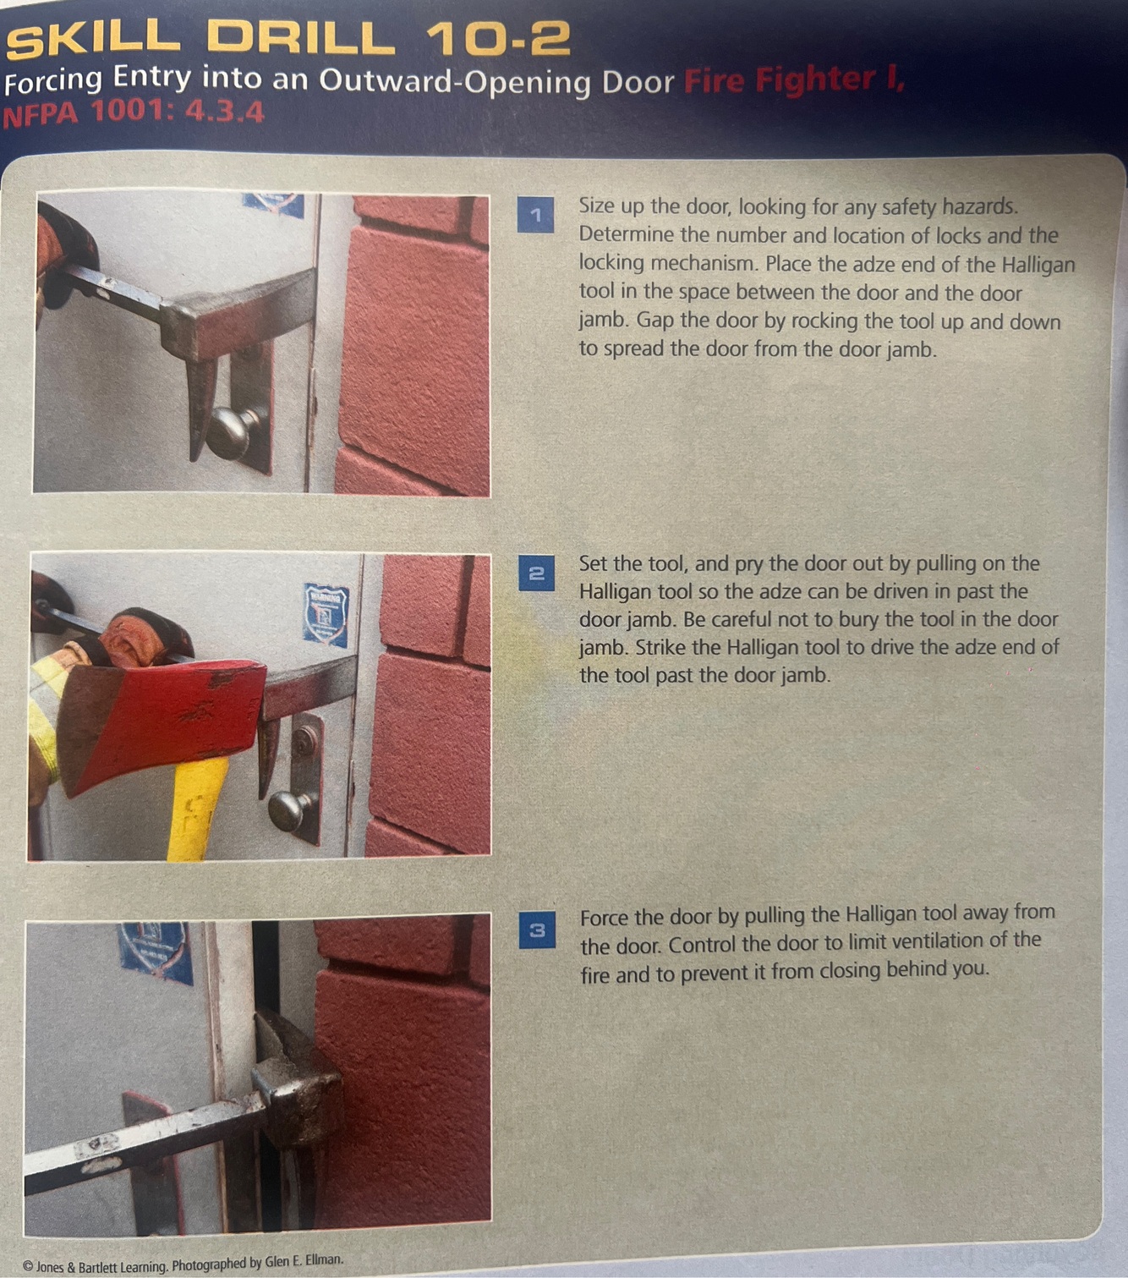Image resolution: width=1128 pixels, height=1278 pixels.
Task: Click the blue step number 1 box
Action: (x=535, y=215)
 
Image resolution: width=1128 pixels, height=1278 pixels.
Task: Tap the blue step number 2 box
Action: (x=537, y=573)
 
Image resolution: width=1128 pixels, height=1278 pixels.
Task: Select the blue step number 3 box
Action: (x=537, y=930)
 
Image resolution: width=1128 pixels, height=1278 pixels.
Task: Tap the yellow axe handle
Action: (x=197, y=809)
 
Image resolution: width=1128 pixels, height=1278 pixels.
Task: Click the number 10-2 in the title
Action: (x=498, y=38)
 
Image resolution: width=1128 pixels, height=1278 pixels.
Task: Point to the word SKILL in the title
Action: (x=92, y=40)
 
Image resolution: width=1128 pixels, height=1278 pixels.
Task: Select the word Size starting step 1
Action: (x=596, y=206)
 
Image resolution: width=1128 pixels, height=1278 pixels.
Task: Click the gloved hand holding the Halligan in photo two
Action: (x=145, y=637)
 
